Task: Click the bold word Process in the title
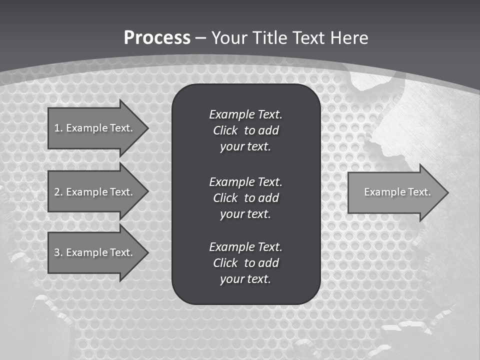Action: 157,38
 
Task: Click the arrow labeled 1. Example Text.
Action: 95,128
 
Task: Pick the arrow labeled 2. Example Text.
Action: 95,192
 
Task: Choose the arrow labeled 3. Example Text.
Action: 95,252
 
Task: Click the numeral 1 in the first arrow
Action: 56,128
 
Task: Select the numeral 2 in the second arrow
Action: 57,192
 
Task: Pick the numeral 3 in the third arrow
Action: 57,252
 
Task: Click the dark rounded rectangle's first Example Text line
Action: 245,114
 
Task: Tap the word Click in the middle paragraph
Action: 225,198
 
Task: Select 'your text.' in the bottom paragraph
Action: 245,279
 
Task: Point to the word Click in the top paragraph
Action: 225,130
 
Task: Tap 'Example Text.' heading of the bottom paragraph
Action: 245,247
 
